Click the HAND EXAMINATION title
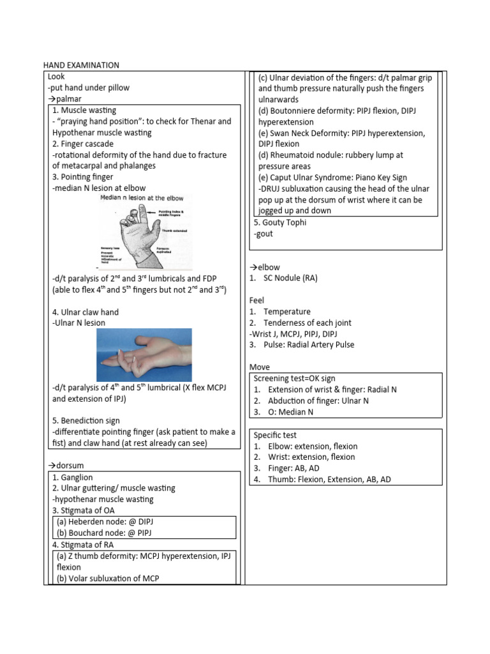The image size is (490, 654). (81, 65)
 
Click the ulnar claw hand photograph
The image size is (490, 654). (144, 355)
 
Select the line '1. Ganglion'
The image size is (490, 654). (73, 477)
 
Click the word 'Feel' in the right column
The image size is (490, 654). (256, 300)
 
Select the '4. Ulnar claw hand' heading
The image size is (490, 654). (85, 312)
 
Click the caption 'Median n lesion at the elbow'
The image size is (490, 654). (144, 199)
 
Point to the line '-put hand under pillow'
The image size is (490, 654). (88, 87)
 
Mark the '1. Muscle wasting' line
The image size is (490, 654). (84, 110)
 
